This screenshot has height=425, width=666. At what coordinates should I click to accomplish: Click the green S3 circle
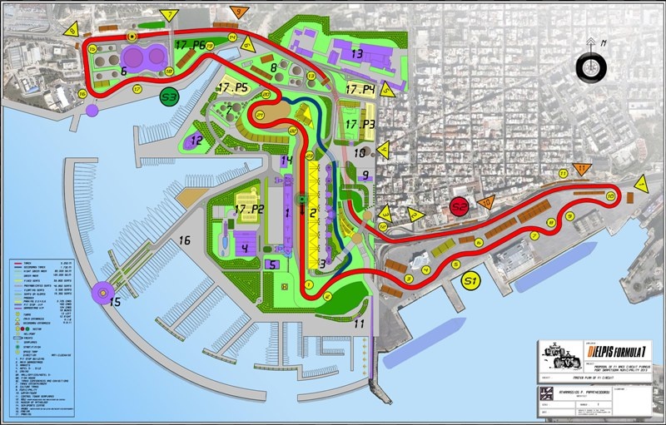tap(170, 96)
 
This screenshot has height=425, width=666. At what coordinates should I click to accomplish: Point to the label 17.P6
tap(191, 44)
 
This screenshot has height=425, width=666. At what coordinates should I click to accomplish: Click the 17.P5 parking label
tap(233, 87)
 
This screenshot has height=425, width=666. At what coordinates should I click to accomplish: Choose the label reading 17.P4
tap(360, 89)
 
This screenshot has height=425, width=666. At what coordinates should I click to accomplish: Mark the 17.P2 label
tap(248, 210)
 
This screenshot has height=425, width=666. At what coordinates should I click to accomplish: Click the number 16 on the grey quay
tap(186, 241)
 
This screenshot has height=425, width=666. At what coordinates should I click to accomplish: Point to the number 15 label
tap(116, 302)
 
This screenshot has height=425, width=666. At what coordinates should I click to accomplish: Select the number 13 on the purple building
tap(357, 52)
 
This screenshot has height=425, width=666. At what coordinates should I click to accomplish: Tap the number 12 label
tap(196, 141)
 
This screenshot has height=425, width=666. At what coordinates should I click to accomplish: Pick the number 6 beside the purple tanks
tap(123, 72)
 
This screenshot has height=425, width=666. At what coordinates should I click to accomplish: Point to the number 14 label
tap(287, 161)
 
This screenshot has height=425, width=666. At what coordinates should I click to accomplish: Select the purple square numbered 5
tap(272, 264)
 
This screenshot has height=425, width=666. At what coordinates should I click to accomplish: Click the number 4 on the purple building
tap(245, 247)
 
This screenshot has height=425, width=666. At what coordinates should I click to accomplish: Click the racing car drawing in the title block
tap(561, 359)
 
